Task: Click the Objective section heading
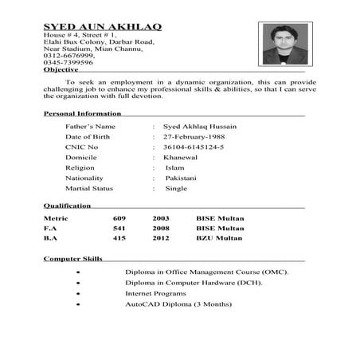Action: point(61,70)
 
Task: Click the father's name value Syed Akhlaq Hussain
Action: point(199,127)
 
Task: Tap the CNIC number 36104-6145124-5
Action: point(194,147)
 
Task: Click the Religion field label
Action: point(80,168)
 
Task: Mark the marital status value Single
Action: point(176,189)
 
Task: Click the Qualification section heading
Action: point(67,206)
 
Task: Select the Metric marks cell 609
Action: point(119,217)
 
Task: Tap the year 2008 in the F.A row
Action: point(161,228)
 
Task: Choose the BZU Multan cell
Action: point(219,238)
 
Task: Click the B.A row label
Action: point(51,238)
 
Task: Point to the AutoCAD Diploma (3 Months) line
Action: point(178,304)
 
